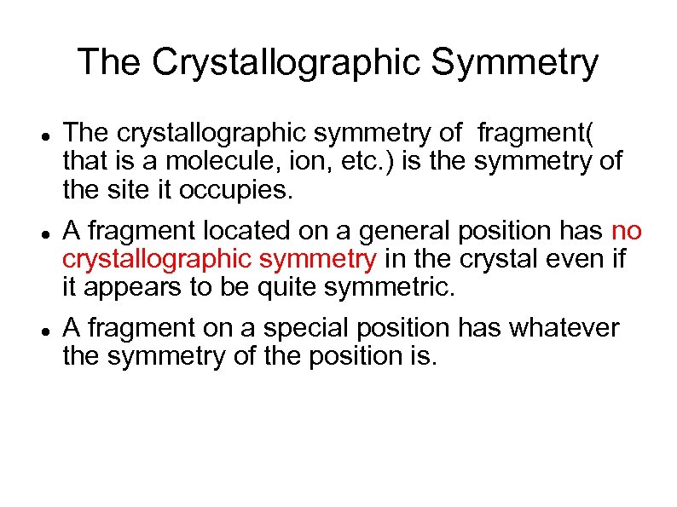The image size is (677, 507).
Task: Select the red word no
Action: click(x=628, y=231)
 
